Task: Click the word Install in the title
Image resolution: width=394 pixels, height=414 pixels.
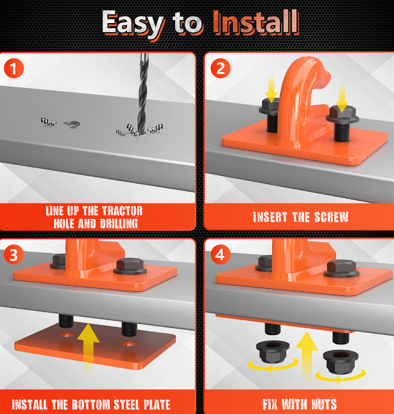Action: pyautogui.click(x=256, y=22)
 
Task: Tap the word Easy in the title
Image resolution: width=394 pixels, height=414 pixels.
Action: pyautogui.click(x=133, y=23)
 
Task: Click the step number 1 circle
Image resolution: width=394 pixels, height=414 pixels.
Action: pyautogui.click(x=13, y=69)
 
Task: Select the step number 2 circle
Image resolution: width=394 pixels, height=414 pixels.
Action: pyautogui.click(x=221, y=69)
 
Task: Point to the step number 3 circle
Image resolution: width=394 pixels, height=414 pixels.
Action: pyautogui.click(x=13, y=255)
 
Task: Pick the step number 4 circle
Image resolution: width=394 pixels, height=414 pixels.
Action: pyautogui.click(x=221, y=255)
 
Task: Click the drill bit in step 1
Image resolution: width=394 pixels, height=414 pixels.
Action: pyautogui.click(x=142, y=94)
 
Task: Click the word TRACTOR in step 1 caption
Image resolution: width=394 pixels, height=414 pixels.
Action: pyautogui.click(x=122, y=211)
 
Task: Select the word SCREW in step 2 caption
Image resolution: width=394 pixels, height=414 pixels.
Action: pyautogui.click(x=331, y=217)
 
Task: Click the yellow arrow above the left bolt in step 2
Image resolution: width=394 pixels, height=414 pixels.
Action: pyautogui.click(x=271, y=88)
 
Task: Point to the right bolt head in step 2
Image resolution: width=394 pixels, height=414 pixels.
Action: pyautogui.click(x=342, y=115)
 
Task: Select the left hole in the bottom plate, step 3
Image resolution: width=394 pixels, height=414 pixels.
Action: pyautogui.click(x=65, y=335)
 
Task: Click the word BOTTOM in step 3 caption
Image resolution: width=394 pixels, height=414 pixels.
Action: pyautogui.click(x=90, y=404)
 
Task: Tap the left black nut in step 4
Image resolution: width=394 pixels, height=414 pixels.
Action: pyautogui.click(x=273, y=352)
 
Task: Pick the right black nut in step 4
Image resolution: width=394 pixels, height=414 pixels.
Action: pyautogui.click(x=341, y=361)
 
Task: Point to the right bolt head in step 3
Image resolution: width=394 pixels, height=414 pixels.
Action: pyautogui.click(x=130, y=266)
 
